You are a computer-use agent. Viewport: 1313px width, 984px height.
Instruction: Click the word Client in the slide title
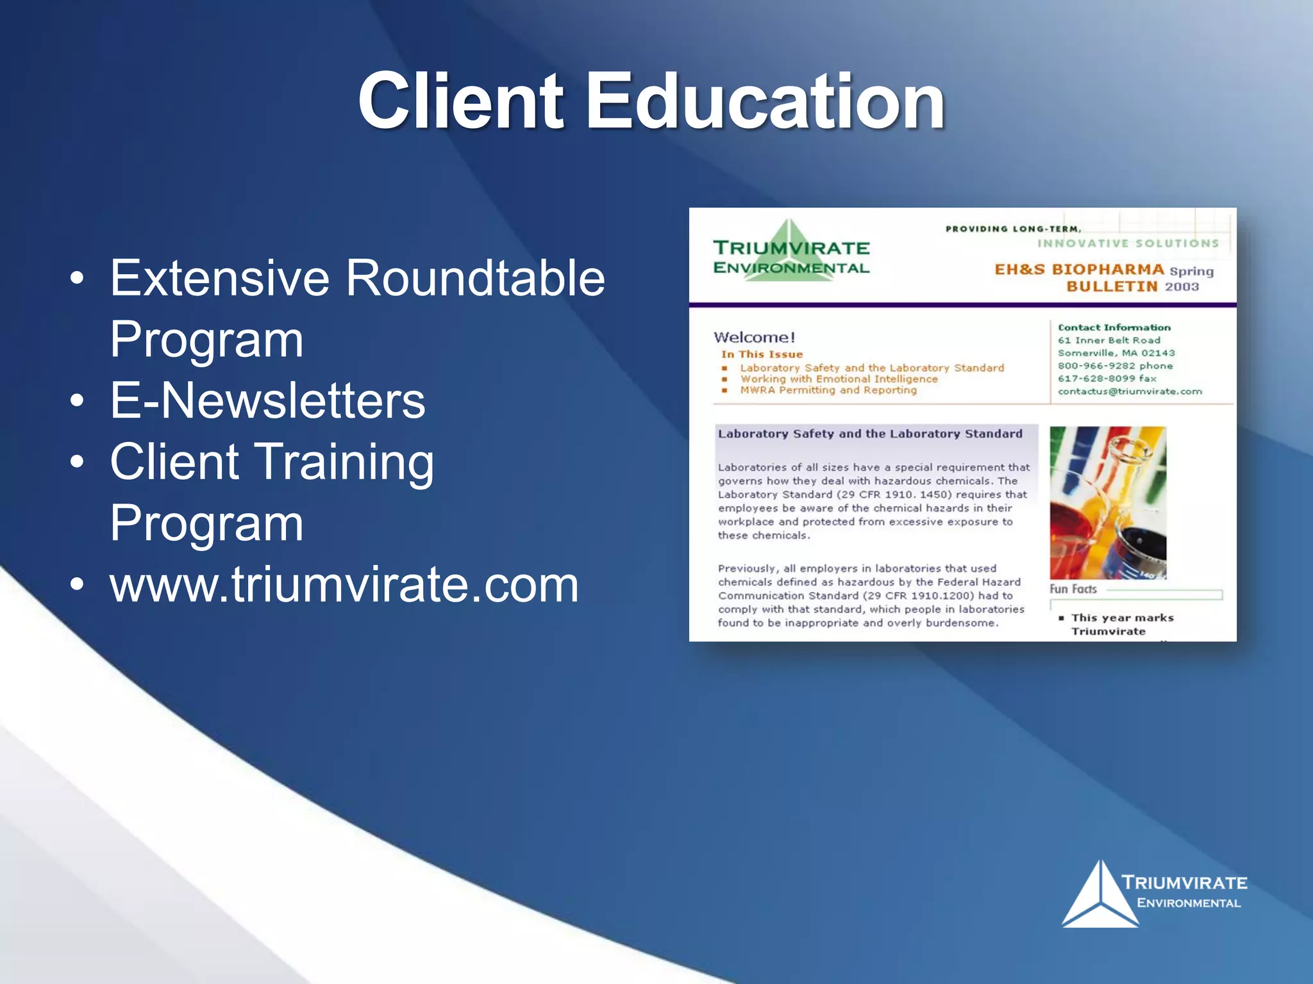pyautogui.click(x=460, y=101)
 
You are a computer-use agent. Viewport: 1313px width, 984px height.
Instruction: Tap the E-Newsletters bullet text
pyautogui.click(x=267, y=400)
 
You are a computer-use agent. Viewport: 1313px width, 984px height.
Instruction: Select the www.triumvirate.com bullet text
pyautogui.click(x=344, y=584)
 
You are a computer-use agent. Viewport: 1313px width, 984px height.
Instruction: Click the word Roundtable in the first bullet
pyautogui.click(x=475, y=278)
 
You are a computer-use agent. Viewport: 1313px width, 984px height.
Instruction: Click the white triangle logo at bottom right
pyautogui.click(x=1100, y=897)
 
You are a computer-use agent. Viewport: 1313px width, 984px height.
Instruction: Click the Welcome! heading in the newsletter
pyautogui.click(x=754, y=338)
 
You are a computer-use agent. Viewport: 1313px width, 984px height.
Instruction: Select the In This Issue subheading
pyautogui.click(x=762, y=354)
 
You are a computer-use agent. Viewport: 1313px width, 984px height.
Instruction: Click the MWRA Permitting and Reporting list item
pyautogui.click(x=828, y=390)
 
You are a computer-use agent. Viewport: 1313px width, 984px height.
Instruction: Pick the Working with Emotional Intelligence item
pyautogui.click(x=839, y=379)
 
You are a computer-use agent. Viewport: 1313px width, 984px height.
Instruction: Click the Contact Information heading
pyautogui.click(x=1114, y=327)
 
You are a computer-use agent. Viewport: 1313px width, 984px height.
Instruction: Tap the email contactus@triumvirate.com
pyautogui.click(x=1130, y=391)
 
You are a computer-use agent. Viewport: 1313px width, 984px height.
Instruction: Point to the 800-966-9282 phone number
pyautogui.click(x=1096, y=366)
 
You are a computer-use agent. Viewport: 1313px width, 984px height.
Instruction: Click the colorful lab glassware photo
pyautogui.click(x=1107, y=503)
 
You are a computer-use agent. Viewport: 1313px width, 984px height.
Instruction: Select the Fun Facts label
pyautogui.click(x=1073, y=589)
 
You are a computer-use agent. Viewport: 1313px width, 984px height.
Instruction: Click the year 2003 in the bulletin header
pyautogui.click(x=1182, y=286)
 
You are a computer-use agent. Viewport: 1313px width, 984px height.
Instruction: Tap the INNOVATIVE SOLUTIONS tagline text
pyautogui.click(x=1128, y=243)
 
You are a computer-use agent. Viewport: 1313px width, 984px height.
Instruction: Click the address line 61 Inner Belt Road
pyautogui.click(x=1108, y=340)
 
